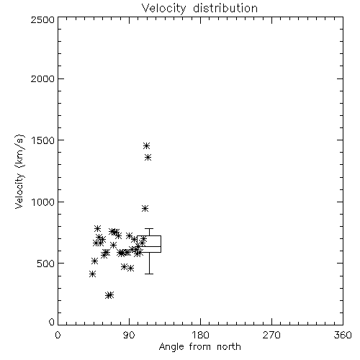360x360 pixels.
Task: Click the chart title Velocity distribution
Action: point(199,9)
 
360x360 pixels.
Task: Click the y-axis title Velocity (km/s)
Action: point(19,171)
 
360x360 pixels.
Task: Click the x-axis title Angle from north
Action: point(199,347)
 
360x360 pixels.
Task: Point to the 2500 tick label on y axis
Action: point(42,19)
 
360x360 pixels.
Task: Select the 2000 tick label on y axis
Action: point(42,78)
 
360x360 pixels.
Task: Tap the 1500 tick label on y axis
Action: point(43,140)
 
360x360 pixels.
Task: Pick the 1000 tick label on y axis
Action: point(43,202)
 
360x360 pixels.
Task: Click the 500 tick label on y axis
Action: point(45,264)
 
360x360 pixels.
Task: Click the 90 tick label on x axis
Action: point(129,335)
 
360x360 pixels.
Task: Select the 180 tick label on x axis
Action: point(200,335)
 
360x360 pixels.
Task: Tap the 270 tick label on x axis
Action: point(271,335)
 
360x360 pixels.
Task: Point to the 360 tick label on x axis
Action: point(343,335)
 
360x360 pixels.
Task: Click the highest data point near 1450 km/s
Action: point(146,145)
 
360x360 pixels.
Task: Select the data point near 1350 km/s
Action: point(148,158)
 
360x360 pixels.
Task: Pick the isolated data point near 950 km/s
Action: point(145,208)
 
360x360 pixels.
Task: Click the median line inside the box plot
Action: point(149,246)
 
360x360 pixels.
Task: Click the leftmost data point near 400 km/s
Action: point(92,274)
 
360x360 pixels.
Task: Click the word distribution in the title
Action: point(225,9)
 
